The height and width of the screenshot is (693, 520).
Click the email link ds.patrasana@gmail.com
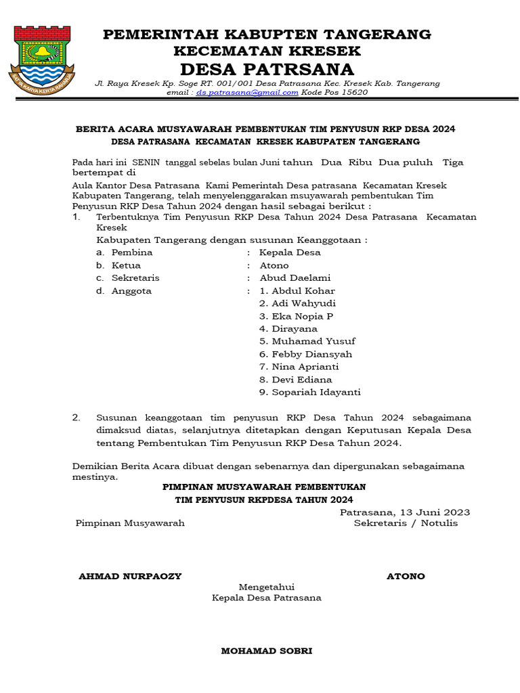[247, 93]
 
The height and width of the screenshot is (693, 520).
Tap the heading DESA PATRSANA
[267, 70]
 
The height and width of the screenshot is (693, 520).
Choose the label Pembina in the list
[132, 252]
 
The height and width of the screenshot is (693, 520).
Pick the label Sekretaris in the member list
[135, 278]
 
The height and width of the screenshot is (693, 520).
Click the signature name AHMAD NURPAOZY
[130, 577]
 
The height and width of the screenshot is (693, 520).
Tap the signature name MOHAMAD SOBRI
[267, 651]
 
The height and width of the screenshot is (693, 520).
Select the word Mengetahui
[266, 587]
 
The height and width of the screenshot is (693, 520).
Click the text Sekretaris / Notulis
[406, 523]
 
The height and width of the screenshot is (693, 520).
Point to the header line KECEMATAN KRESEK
[267, 51]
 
